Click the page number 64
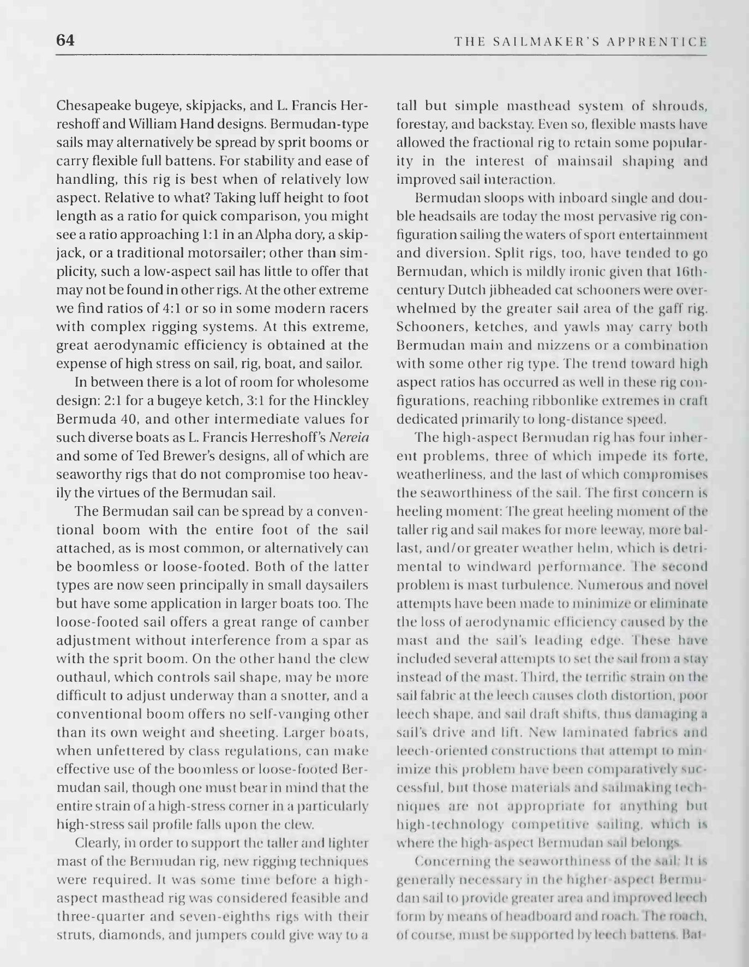click(65, 40)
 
